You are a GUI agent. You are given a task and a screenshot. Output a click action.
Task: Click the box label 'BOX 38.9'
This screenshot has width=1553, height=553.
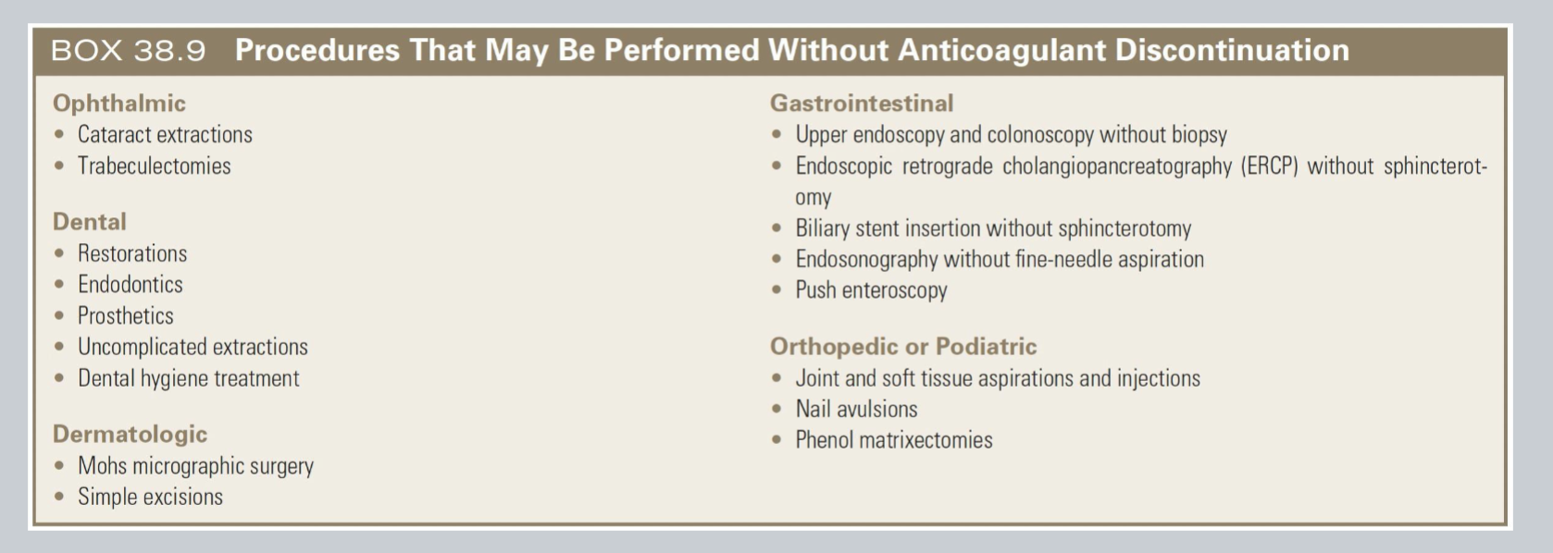click(128, 50)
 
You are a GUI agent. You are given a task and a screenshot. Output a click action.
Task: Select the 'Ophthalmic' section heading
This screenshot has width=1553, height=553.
click(118, 103)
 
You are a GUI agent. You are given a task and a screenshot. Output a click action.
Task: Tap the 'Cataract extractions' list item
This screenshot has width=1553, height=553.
click(165, 135)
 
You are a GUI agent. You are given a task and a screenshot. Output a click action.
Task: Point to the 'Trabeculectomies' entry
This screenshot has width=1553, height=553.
click(154, 166)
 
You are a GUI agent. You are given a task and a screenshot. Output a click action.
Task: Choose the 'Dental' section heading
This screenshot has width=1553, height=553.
click(89, 222)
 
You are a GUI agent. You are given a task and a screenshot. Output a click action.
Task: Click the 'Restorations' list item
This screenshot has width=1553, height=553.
click(132, 253)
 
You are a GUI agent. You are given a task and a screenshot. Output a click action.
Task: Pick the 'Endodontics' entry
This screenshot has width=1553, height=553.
click(130, 285)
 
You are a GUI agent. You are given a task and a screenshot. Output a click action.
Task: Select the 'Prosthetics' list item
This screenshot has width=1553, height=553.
click(126, 316)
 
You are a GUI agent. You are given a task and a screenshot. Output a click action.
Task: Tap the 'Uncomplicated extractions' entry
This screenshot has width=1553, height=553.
click(193, 348)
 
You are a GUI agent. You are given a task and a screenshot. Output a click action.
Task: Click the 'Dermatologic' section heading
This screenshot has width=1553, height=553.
click(130, 434)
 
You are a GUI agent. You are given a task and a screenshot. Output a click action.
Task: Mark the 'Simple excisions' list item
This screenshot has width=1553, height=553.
click(150, 498)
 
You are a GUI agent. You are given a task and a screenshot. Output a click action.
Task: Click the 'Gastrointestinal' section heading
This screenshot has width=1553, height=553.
click(861, 103)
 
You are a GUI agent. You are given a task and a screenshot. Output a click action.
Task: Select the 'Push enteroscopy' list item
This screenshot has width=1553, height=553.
click(871, 290)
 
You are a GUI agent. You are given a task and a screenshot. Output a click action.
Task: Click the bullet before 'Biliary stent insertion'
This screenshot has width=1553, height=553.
click(776, 228)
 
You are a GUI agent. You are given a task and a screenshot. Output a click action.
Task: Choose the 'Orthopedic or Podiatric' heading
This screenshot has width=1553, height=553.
click(902, 347)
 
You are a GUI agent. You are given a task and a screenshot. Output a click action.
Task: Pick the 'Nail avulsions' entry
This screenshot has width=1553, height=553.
click(856, 410)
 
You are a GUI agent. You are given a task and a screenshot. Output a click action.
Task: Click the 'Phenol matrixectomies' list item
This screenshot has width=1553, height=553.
click(893, 440)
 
